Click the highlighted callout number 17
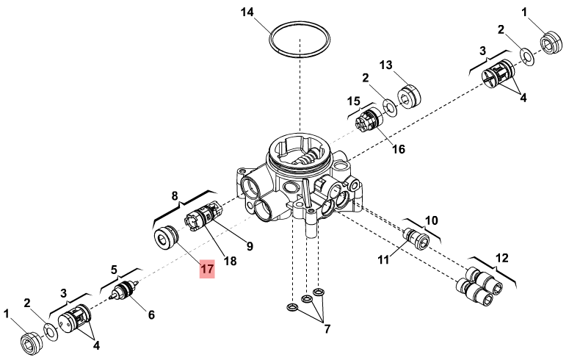[x=207, y=269]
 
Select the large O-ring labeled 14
[x=300, y=22]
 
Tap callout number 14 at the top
[x=247, y=12]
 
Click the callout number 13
[x=386, y=65]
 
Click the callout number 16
[x=399, y=149]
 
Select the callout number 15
[x=353, y=101]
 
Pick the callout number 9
[x=250, y=246]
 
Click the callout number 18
[x=230, y=261]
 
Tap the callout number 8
[x=175, y=196]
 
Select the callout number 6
[x=151, y=314]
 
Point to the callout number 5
[x=114, y=270]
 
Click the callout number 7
[x=327, y=329]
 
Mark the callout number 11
[x=383, y=260]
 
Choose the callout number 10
[x=432, y=220]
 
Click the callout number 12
[x=502, y=259]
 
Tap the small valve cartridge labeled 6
[x=125, y=291]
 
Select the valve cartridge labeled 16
[x=369, y=121]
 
